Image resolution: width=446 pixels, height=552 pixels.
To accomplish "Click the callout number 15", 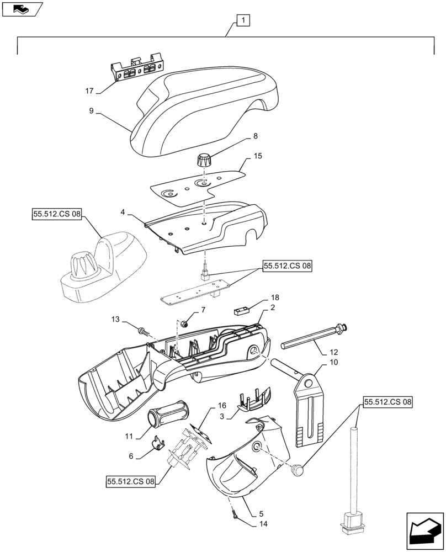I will tap(257, 157).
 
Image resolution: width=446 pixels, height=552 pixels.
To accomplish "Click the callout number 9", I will tap(90, 111).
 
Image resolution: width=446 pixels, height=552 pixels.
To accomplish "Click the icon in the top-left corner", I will tap(22, 9).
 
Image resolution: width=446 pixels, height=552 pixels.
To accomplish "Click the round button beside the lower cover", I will tap(299, 470).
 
